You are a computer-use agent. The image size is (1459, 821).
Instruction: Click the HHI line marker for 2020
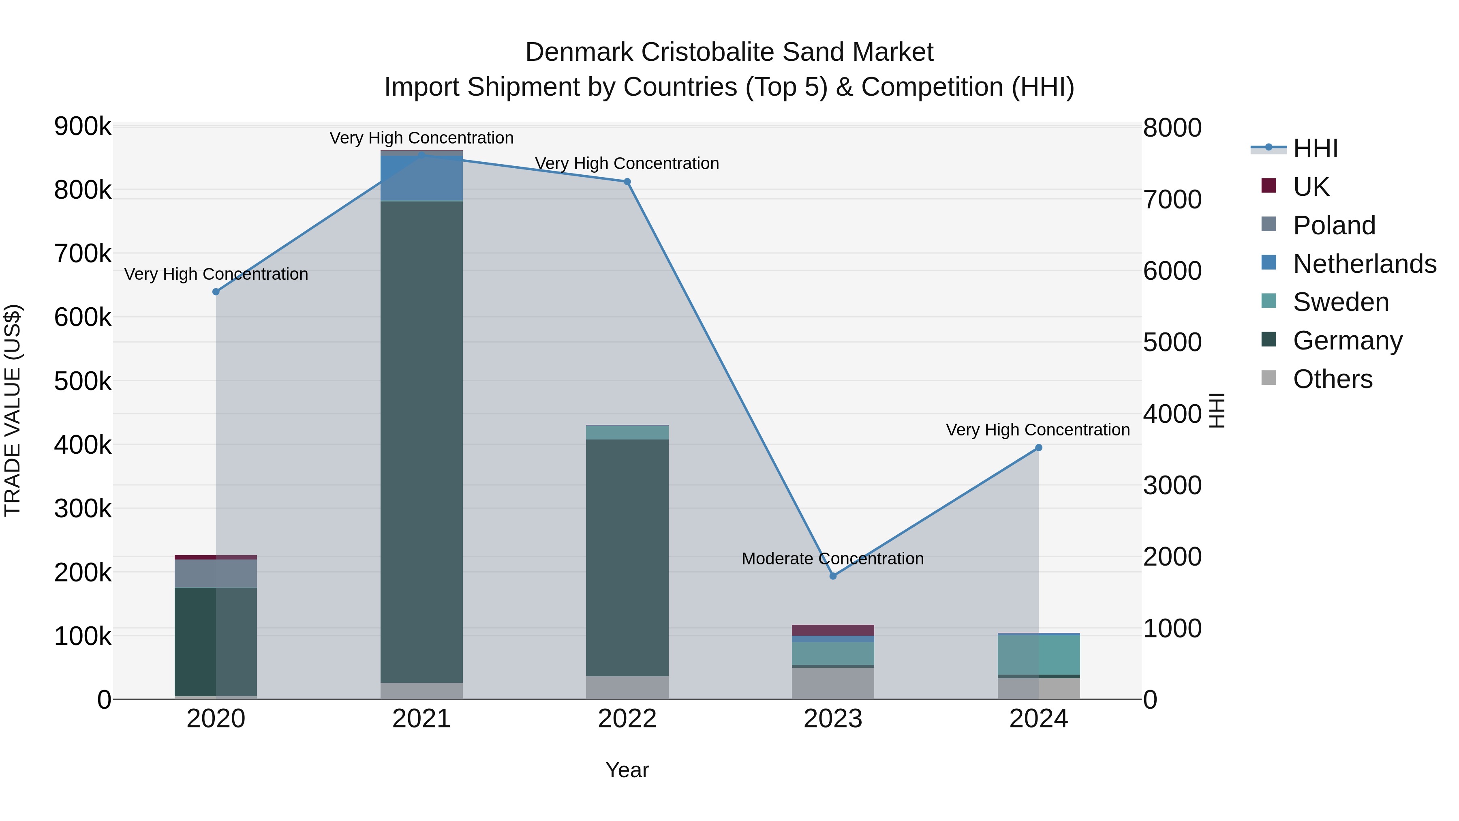(216, 292)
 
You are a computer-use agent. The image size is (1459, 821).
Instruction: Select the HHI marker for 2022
(627, 182)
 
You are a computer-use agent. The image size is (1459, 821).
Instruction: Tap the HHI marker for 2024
(1039, 448)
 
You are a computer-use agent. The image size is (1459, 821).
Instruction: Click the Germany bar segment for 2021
(421, 442)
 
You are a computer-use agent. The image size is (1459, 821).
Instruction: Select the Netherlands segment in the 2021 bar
(421, 178)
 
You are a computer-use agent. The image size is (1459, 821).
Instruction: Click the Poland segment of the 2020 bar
(216, 573)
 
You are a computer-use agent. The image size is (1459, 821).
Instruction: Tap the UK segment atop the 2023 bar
(832, 630)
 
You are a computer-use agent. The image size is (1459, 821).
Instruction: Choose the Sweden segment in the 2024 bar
(1039, 654)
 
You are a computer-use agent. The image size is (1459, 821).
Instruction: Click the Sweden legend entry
(1341, 302)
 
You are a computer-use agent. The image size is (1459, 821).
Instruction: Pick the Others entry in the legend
(1333, 379)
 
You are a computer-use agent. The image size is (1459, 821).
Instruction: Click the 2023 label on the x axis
(832, 719)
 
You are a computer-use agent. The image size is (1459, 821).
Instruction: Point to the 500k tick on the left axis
(83, 382)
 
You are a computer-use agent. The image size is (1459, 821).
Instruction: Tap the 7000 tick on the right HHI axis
(1172, 199)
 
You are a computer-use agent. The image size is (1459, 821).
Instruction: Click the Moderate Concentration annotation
(832, 559)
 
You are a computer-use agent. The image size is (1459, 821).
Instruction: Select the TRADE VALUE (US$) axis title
(13, 410)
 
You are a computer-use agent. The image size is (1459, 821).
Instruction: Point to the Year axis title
(627, 770)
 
